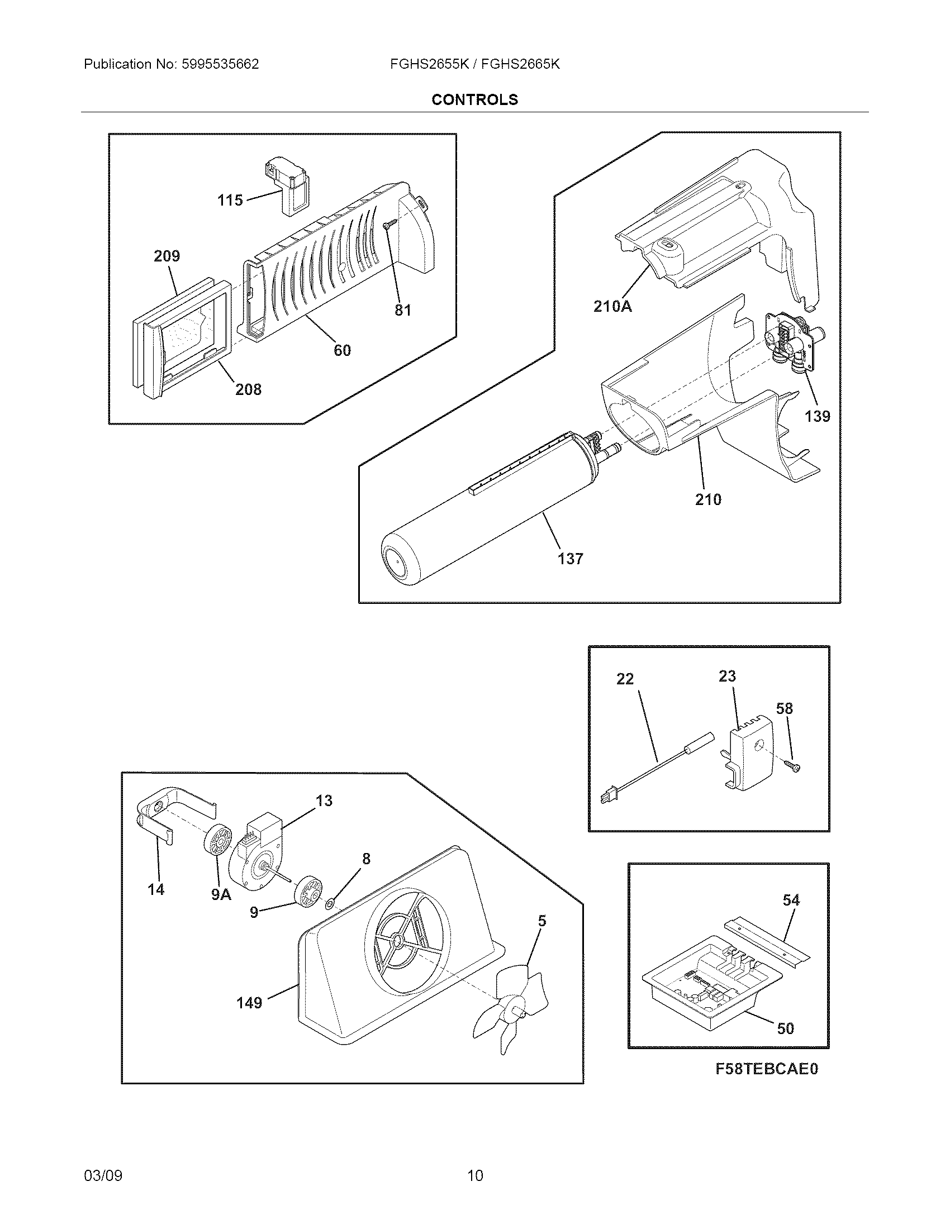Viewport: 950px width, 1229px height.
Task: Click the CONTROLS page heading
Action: (474, 99)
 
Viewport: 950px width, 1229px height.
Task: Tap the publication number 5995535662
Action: (220, 64)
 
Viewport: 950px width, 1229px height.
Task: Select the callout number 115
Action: (230, 200)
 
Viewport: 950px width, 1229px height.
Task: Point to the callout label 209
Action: (167, 256)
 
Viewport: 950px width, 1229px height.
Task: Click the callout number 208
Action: (248, 389)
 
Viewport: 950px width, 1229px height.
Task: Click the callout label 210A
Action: (612, 306)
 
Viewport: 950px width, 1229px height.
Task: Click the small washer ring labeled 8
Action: (330, 904)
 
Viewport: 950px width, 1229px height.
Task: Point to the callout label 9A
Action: (221, 894)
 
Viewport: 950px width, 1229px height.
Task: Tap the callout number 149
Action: (249, 1002)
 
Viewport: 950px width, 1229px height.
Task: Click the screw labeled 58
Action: (794, 766)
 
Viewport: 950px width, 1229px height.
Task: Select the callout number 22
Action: (625, 679)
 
